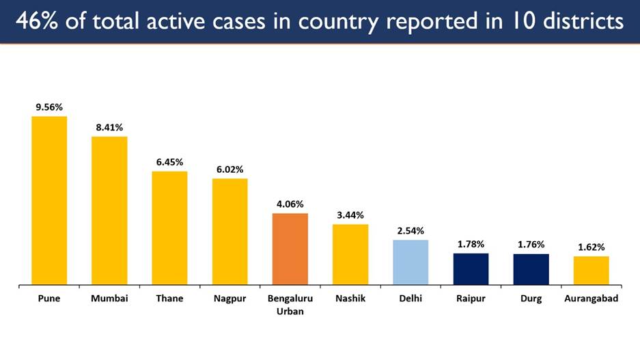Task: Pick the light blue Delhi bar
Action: click(411, 262)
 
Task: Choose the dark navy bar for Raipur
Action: click(471, 268)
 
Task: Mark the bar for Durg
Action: click(531, 268)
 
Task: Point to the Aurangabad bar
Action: click(591, 270)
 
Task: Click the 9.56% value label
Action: click(49, 107)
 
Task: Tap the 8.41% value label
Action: click(109, 127)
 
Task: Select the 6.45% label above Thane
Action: click(169, 162)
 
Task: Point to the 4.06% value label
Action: click(290, 204)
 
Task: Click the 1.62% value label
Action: click(591, 247)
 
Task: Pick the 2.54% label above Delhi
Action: click(411, 230)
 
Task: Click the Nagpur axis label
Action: click(229, 299)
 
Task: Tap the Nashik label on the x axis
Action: click(350, 299)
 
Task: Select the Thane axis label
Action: click(169, 299)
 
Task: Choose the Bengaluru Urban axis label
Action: click(290, 305)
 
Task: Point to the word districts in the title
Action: click(580, 22)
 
